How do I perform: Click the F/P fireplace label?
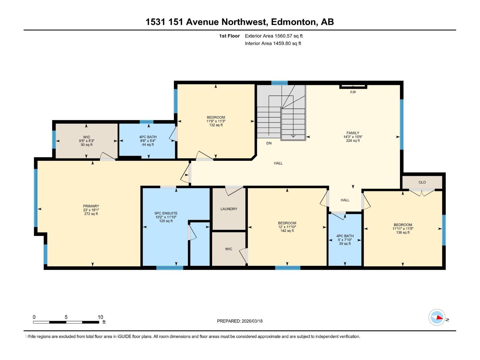[x=353, y=92]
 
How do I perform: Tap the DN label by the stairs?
[x=269, y=143]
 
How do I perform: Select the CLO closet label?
[x=422, y=182]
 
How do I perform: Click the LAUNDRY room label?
[x=229, y=209]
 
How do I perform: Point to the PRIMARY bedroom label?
[x=91, y=206]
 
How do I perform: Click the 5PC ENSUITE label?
[x=166, y=214]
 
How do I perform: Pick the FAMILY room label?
[x=353, y=133]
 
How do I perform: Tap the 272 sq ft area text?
[x=91, y=214]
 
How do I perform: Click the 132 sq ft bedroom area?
[x=216, y=125]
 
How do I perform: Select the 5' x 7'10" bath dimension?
[x=345, y=240]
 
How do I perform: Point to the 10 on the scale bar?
[x=100, y=317]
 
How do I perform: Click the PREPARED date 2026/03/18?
[x=240, y=321]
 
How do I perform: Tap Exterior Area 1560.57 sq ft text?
[x=274, y=36]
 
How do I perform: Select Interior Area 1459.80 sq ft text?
[x=273, y=43]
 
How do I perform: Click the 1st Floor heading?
[x=229, y=36]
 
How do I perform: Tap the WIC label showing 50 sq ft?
[x=86, y=137]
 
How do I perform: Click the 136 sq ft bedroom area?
[x=403, y=232]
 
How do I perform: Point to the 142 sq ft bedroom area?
[x=287, y=231]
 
